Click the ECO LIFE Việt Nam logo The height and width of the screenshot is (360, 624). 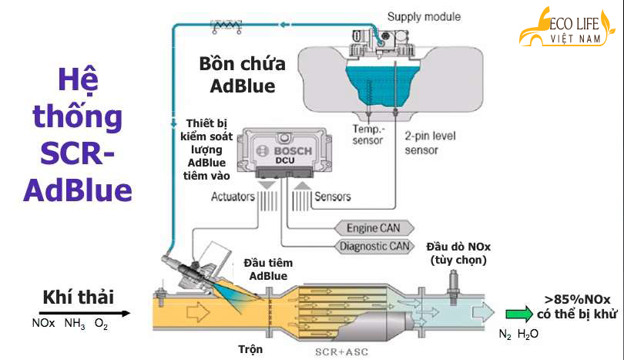(567, 27)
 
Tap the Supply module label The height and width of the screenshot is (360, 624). (424, 17)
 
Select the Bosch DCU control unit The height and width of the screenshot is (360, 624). (284, 153)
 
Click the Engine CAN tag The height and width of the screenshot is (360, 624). (374, 228)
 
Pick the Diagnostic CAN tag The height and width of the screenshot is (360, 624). (374, 247)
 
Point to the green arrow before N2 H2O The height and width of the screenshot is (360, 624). (519, 314)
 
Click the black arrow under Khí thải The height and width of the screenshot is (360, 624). (85, 314)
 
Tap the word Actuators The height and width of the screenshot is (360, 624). (233, 197)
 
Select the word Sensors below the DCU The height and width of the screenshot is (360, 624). (333, 197)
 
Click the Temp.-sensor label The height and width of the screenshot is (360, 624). (367, 135)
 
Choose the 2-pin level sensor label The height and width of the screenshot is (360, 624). (430, 143)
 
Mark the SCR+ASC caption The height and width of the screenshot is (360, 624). (341, 352)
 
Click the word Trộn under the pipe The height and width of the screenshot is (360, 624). (250, 349)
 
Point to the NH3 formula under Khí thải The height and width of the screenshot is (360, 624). (75, 324)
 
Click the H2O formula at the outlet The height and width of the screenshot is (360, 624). (528, 334)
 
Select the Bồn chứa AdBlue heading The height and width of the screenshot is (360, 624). (243, 75)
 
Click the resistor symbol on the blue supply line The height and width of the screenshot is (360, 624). (226, 26)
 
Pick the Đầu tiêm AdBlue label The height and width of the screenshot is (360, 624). (268, 269)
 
